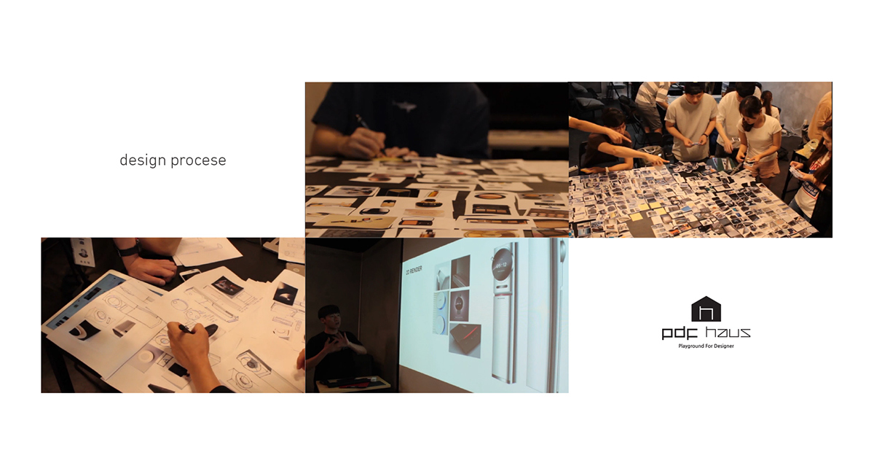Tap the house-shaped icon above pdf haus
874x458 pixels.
(x=705, y=308)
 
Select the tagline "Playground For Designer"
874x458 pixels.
(x=706, y=346)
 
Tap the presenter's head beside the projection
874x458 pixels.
(x=331, y=319)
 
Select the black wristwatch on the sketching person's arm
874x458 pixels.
(x=129, y=248)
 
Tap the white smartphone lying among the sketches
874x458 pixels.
(x=190, y=273)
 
